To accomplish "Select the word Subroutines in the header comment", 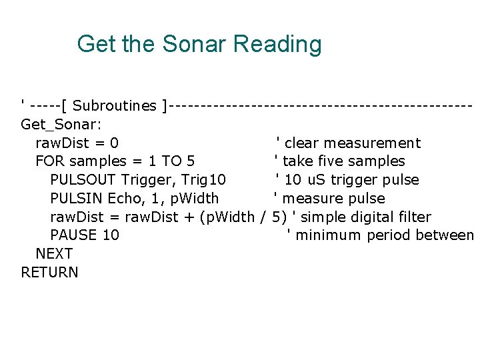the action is pos(115,105).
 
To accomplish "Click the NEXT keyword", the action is pos(54,254).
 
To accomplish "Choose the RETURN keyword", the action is pos(49,273).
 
